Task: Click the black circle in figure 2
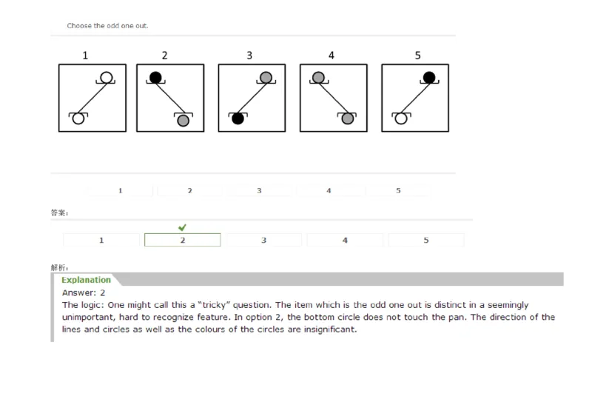[155, 77]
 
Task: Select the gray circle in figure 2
[183, 120]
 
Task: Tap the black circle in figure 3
[238, 118]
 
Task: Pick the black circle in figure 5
[428, 77]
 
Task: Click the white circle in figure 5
[401, 118]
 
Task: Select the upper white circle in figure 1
[107, 77]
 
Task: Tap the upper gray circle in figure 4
[317, 77]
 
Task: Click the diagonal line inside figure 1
[92, 97]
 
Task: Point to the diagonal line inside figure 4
[332, 97]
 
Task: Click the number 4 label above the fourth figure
[331, 55]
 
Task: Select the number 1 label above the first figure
[85, 55]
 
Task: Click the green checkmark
[182, 227]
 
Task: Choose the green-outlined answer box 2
[182, 240]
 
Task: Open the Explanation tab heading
[86, 280]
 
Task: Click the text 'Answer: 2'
[84, 292]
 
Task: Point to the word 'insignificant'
[333, 329]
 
